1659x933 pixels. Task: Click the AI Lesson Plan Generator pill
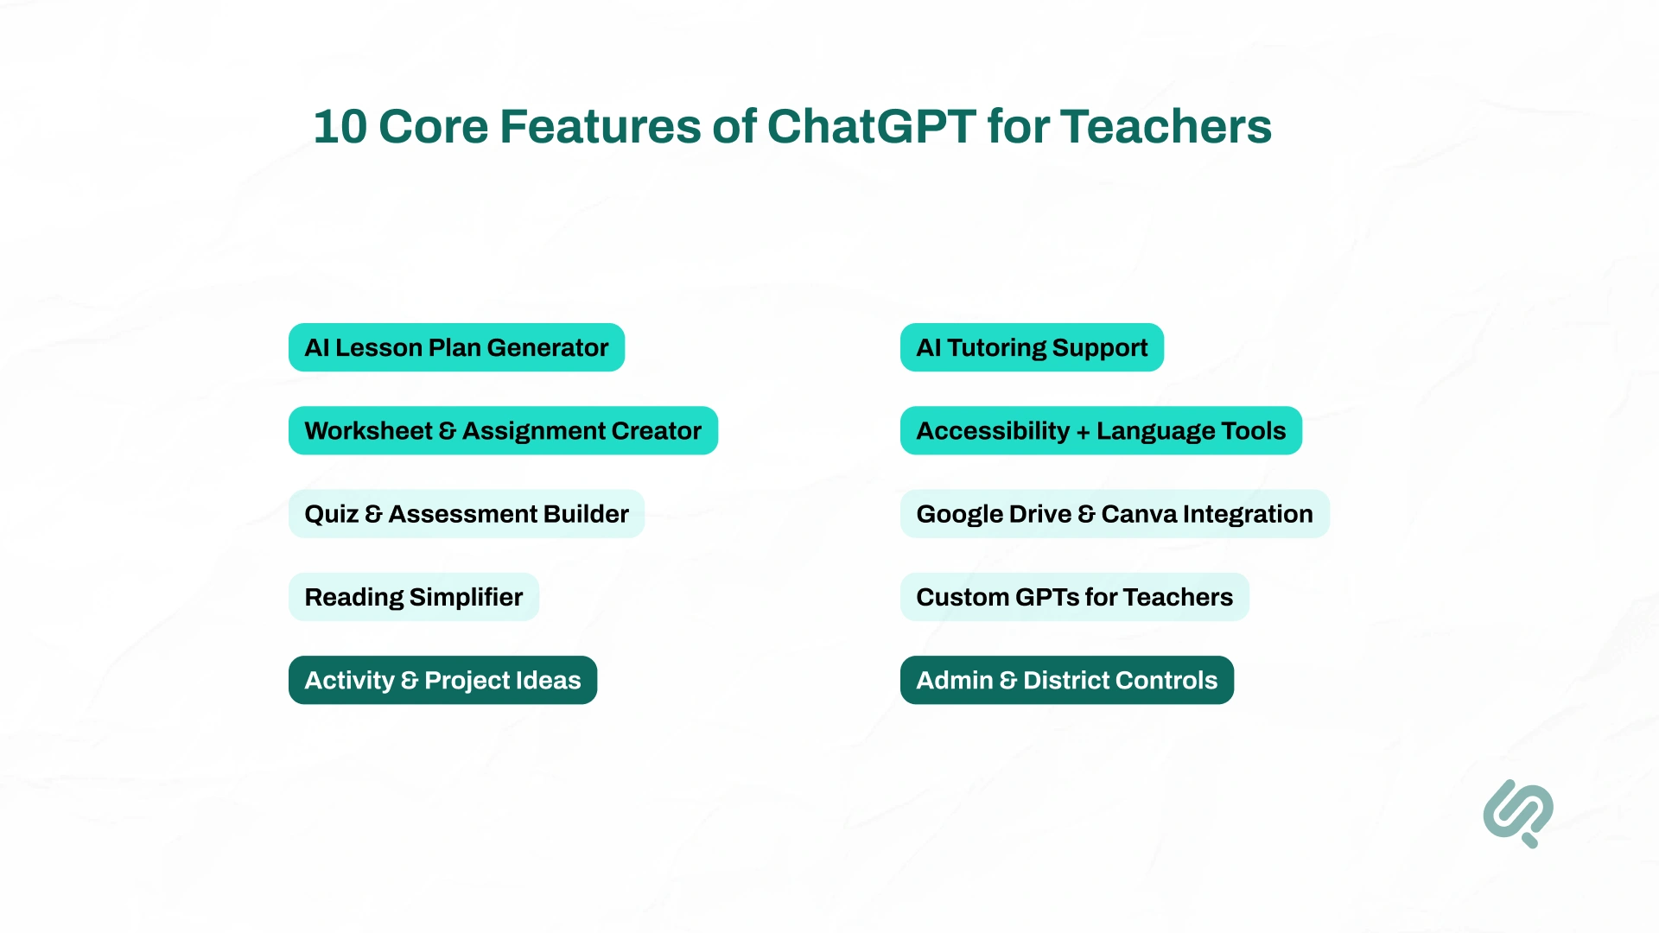point(456,347)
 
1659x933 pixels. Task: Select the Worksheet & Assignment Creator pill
point(503,430)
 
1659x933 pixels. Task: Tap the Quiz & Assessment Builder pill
point(466,514)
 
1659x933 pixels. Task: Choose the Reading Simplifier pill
point(413,597)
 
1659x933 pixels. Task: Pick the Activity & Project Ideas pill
point(442,680)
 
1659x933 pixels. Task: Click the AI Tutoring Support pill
point(1032,347)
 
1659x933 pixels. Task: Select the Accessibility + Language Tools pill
point(1101,430)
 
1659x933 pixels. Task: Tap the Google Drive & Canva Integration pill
point(1114,514)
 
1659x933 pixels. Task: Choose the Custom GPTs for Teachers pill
point(1074,597)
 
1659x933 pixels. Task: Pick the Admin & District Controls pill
point(1066,680)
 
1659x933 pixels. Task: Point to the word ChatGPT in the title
point(871,127)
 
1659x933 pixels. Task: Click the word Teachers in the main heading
point(1166,127)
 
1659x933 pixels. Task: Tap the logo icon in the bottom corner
point(1518,813)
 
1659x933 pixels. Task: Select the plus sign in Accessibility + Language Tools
point(1083,432)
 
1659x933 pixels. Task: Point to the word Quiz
point(331,514)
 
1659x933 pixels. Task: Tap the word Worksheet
point(368,430)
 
